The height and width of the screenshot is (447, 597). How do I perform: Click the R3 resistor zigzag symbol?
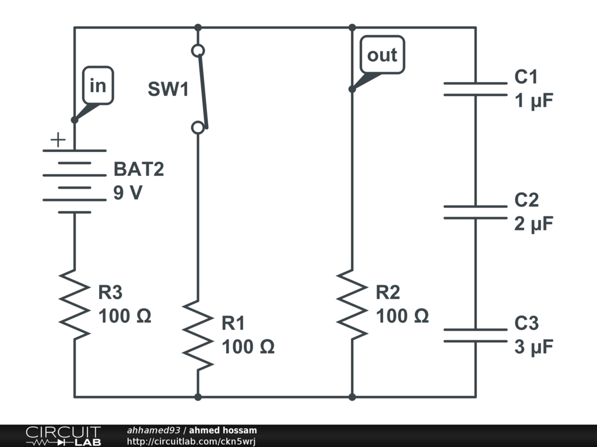[75, 303]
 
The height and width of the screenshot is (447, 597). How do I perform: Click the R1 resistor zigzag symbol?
[198, 335]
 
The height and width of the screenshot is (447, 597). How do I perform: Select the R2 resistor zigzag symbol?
[352, 303]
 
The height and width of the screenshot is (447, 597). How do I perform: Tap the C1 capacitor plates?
[475, 88]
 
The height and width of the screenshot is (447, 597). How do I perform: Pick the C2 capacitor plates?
[475, 212]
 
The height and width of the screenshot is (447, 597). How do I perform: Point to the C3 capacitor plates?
[475, 335]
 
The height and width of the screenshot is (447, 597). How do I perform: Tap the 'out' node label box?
[382, 55]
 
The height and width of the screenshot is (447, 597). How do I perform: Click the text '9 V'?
[128, 193]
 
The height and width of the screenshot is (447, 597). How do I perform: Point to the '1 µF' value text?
[533, 101]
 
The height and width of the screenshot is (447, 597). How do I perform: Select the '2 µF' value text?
[533, 224]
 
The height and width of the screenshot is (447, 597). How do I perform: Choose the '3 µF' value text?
[533, 347]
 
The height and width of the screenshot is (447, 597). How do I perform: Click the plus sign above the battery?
[57, 140]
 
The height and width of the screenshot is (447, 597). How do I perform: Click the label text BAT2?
[139, 169]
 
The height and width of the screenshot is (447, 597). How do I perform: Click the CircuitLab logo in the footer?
[63, 436]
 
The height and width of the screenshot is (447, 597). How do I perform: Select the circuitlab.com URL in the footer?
[191, 442]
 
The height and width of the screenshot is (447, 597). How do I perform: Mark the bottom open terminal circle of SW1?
[198, 127]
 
